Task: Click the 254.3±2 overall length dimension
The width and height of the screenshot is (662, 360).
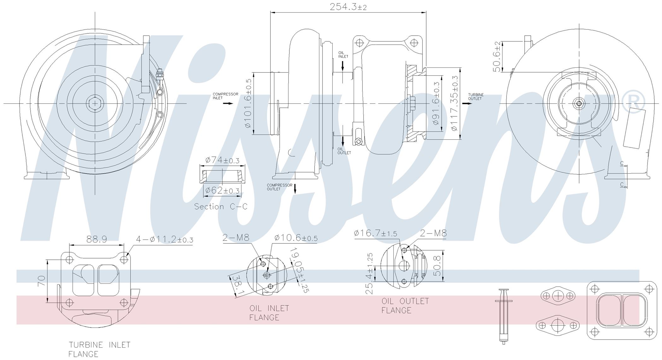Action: point(348,7)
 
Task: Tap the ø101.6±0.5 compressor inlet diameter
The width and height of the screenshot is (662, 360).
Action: point(248,103)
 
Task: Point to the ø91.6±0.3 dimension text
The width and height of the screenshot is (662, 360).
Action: point(436,103)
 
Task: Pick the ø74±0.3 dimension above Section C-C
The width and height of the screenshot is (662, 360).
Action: point(222,160)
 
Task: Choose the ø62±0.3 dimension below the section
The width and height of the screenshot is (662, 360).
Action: point(222,190)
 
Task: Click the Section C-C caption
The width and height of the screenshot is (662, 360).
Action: point(221,206)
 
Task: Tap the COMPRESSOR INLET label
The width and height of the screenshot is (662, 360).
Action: point(225,96)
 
